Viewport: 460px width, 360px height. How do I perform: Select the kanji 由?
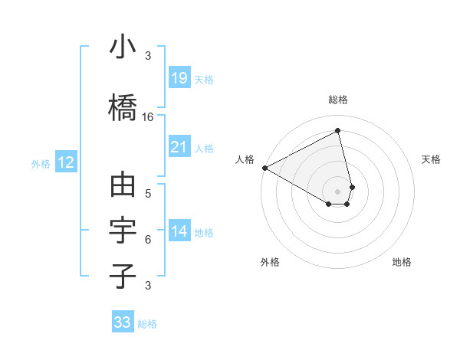(123, 186)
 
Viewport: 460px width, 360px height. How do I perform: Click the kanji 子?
(123, 276)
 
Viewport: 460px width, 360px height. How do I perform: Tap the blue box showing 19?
(179, 78)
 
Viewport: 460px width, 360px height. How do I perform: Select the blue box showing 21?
(179, 147)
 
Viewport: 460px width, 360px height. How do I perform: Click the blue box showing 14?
(179, 231)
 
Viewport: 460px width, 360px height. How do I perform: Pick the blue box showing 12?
(66, 162)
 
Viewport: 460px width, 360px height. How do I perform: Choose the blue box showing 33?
(123, 322)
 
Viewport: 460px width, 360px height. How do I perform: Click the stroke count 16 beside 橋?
(148, 116)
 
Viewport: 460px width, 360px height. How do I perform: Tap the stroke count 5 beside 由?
(148, 193)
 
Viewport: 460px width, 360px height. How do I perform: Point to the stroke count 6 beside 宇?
(148, 239)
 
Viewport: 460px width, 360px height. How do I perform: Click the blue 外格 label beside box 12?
(41, 163)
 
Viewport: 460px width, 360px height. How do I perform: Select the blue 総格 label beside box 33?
(147, 324)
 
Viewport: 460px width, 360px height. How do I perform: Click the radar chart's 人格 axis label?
(245, 159)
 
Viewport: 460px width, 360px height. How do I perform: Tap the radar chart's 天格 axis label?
(432, 159)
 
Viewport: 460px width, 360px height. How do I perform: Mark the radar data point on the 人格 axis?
(264, 167)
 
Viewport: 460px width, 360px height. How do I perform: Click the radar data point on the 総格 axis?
(338, 130)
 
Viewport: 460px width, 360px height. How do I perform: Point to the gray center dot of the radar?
(338, 191)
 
